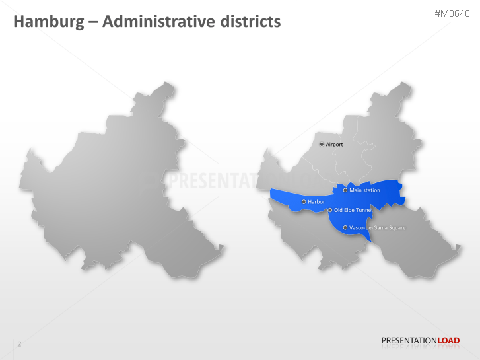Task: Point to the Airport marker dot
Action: click(x=322, y=144)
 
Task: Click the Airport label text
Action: click(x=335, y=144)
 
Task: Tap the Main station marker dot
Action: click(x=345, y=190)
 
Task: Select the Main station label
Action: click(x=365, y=190)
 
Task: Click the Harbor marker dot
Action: click(x=304, y=201)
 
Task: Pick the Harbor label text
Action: click(x=316, y=201)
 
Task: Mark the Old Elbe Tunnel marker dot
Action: click(x=329, y=210)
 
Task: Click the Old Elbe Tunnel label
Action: click(x=353, y=210)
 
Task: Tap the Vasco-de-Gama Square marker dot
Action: click(x=345, y=227)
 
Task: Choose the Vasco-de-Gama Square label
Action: click(x=377, y=227)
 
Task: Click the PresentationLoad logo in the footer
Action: click(x=420, y=341)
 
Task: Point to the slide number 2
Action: click(x=19, y=344)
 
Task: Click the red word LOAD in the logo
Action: click(x=448, y=341)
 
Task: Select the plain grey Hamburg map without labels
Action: click(x=119, y=185)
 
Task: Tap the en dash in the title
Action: click(x=92, y=22)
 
